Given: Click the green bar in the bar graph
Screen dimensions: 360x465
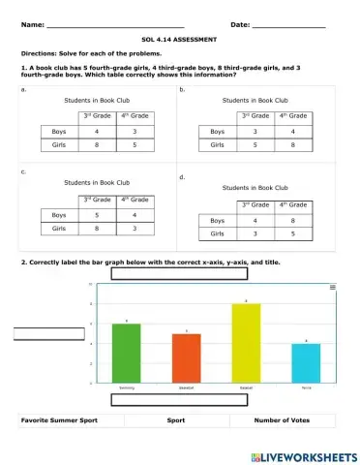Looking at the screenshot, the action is coord(127,353).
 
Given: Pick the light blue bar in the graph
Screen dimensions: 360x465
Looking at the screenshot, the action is coord(306,363).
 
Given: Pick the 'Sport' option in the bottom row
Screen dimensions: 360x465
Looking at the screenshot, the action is coord(175,421).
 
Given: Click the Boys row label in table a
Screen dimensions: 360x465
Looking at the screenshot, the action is coord(59,131).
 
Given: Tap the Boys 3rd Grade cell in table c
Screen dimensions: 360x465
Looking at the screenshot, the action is coord(95,214).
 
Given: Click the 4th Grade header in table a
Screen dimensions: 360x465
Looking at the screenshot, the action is coord(134,116).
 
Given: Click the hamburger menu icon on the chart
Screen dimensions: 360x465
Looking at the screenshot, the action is coord(333,288).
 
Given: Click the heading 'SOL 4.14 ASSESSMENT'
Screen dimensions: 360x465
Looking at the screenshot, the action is coord(179,41).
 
